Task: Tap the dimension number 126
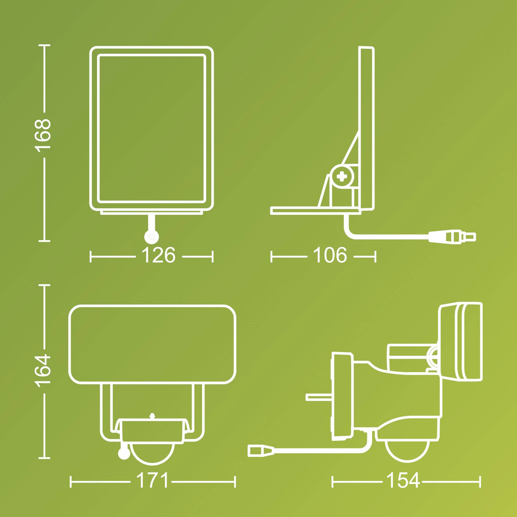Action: click(x=158, y=256)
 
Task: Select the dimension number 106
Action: click(x=330, y=256)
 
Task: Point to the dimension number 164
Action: click(x=44, y=371)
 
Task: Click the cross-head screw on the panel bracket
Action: click(x=342, y=177)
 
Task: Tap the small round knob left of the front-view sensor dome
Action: click(x=124, y=453)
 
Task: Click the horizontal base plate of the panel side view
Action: click(x=316, y=211)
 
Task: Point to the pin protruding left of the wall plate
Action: click(x=318, y=397)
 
